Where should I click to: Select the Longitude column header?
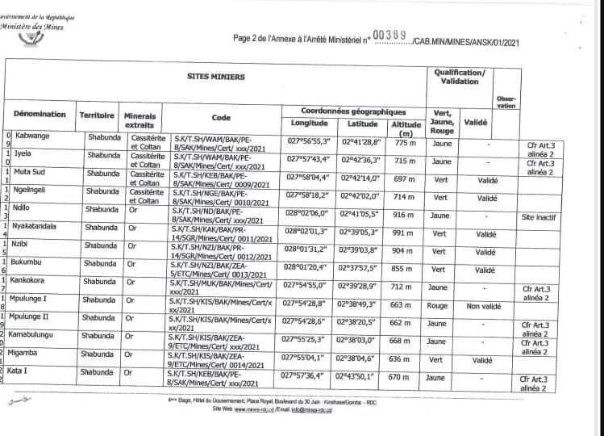coord(309,124)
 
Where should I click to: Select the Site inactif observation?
coord(539,217)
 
